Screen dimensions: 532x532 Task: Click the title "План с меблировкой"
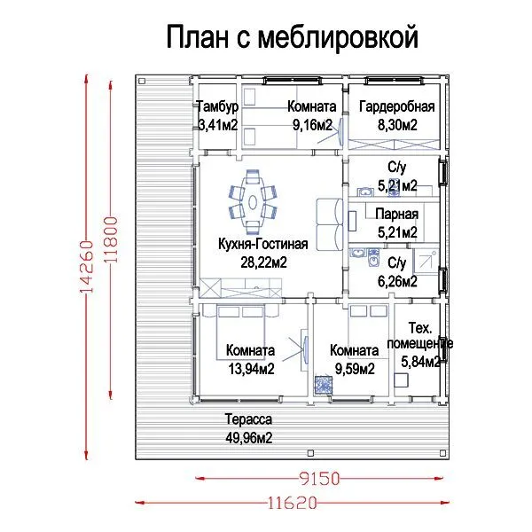pyautogui.click(x=292, y=37)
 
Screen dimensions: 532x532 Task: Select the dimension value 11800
pyautogui.click(x=111, y=239)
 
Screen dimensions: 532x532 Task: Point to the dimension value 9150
pyautogui.click(x=319, y=479)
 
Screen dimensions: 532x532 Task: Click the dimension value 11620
pyautogui.click(x=293, y=503)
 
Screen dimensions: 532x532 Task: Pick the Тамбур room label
pyautogui.click(x=217, y=106)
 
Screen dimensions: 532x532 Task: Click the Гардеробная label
pyautogui.click(x=397, y=106)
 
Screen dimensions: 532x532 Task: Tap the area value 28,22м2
pyautogui.click(x=263, y=262)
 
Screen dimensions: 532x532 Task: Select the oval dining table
pyautogui.click(x=253, y=202)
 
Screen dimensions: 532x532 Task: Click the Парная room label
pyautogui.click(x=397, y=214)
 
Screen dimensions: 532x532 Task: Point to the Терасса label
pyautogui.click(x=248, y=419)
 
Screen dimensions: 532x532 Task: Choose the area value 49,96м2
pyautogui.click(x=248, y=438)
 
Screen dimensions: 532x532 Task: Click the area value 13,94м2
pyautogui.click(x=252, y=369)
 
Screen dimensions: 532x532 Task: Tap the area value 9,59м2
pyautogui.click(x=355, y=369)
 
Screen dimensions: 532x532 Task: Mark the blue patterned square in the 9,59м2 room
pyautogui.click(x=323, y=385)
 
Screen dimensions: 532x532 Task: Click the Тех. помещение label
pyautogui.click(x=420, y=336)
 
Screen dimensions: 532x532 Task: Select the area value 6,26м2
pyautogui.click(x=397, y=281)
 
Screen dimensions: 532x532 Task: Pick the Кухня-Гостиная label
pyautogui.click(x=263, y=244)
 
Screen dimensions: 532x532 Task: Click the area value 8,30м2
pyautogui.click(x=397, y=125)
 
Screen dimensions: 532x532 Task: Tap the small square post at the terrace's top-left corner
pyautogui.click(x=142, y=81)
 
